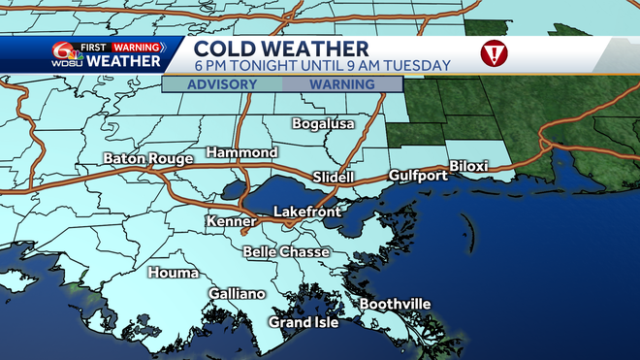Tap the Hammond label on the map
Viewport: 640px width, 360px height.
coord(241,153)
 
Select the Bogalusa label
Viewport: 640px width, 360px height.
coord(324,124)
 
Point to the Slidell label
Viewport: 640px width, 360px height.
coord(336,177)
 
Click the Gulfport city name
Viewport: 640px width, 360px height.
coord(418,176)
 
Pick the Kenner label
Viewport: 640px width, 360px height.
coord(231,222)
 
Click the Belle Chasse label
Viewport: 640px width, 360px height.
coord(286,252)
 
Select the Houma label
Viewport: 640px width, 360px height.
coord(173,274)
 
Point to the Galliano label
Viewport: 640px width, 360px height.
coord(237,293)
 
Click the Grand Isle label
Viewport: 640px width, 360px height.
coord(304,322)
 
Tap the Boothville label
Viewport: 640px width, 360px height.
coord(395,305)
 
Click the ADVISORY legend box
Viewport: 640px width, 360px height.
coord(222,84)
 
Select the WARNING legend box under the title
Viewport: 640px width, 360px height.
coord(341,84)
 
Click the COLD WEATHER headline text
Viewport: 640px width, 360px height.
coord(280,48)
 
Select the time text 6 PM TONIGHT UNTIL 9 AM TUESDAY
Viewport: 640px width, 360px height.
coord(321,66)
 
